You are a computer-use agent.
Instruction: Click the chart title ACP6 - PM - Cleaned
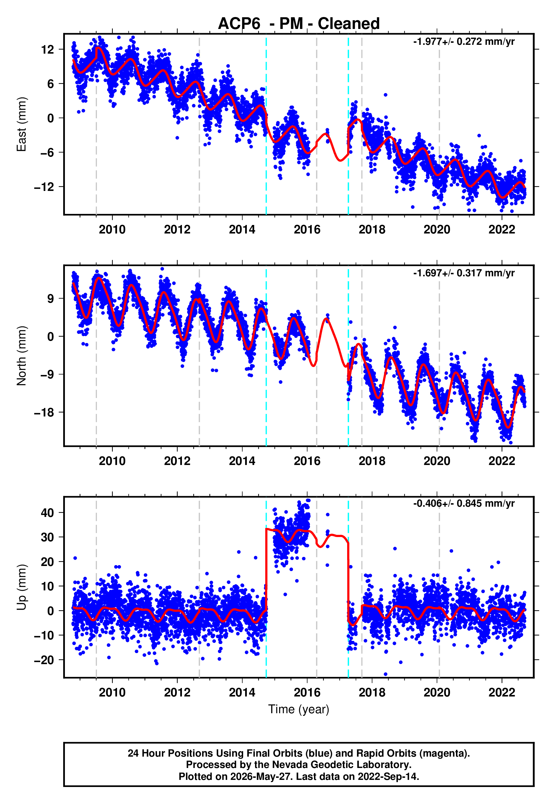299,24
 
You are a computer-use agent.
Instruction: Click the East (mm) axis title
22,124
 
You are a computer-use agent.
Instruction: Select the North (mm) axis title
22,356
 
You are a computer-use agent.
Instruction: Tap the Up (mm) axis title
22,587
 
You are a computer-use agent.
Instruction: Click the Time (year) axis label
299,709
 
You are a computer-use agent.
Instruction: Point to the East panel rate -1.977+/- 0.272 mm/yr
464,42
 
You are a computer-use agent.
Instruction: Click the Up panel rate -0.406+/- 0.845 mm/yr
464,504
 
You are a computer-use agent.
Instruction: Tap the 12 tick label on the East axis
48,50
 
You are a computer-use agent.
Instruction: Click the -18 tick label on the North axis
44,412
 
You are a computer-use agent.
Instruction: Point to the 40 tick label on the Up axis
47,513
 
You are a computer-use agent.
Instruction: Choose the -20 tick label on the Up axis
44,660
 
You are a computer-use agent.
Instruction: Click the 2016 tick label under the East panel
307,230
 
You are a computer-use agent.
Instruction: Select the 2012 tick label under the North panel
177,461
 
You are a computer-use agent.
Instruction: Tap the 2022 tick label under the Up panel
502,693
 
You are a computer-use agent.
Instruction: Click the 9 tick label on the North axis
51,299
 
